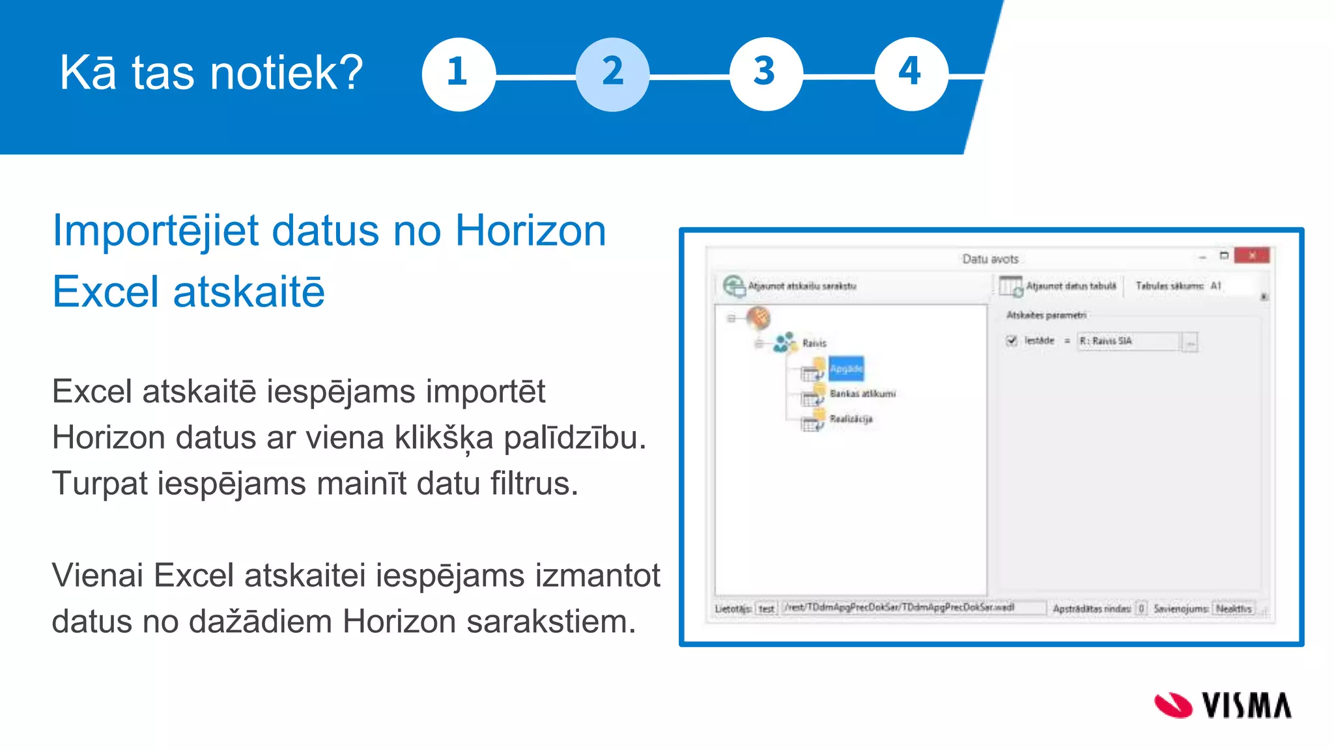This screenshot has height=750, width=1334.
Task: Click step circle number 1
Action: coord(459,74)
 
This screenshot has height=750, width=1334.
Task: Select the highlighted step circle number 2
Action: coord(612,74)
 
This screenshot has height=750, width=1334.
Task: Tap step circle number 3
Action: coord(765,74)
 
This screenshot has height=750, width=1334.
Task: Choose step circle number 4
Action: coord(911,74)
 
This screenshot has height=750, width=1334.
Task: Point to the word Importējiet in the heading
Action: coord(156,231)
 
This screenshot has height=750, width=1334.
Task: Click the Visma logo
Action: coord(1223,705)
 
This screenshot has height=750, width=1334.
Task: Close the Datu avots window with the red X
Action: coord(1251,255)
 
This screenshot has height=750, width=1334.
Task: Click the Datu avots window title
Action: coord(990,259)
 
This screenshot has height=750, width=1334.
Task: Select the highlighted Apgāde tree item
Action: coord(846,368)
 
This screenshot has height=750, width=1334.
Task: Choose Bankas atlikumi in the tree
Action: coord(862,393)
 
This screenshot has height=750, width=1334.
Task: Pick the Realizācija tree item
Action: coord(851,419)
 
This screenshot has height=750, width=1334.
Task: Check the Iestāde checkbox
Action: coord(1012,340)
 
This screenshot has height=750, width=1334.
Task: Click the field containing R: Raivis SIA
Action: coord(1127,341)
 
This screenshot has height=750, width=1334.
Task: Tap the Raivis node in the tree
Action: coord(814,343)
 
